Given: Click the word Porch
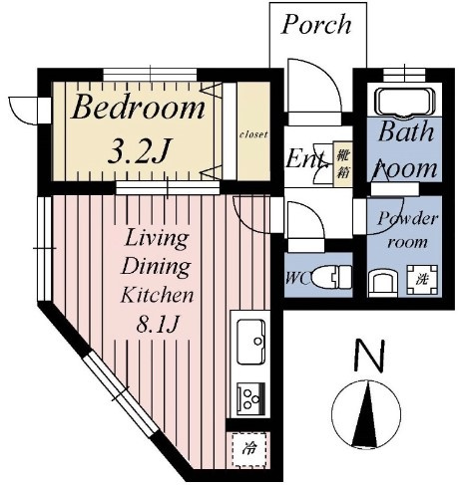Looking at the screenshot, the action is click(316, 24).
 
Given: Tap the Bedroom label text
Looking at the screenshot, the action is click(138, 107).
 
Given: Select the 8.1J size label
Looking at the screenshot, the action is click(158, 323).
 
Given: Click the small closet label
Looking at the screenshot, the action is click(253, 134).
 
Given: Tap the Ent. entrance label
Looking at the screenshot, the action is click(306, 158).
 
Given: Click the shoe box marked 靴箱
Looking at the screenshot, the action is click(343, 164).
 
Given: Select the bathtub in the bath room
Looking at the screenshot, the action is click(405, 102).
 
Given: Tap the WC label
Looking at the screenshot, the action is click(297, 277).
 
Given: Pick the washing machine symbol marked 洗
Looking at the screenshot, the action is click(422, 279).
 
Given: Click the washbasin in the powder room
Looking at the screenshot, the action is click(383, 284).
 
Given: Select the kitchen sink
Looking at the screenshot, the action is click(251, 342).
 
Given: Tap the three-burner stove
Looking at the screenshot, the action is click(251, 398).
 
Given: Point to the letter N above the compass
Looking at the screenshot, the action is click(369, 355).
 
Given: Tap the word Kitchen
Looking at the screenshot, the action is click(157, 294).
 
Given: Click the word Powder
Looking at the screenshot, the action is click(407, 219).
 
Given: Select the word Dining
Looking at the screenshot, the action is click(157, 266).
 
